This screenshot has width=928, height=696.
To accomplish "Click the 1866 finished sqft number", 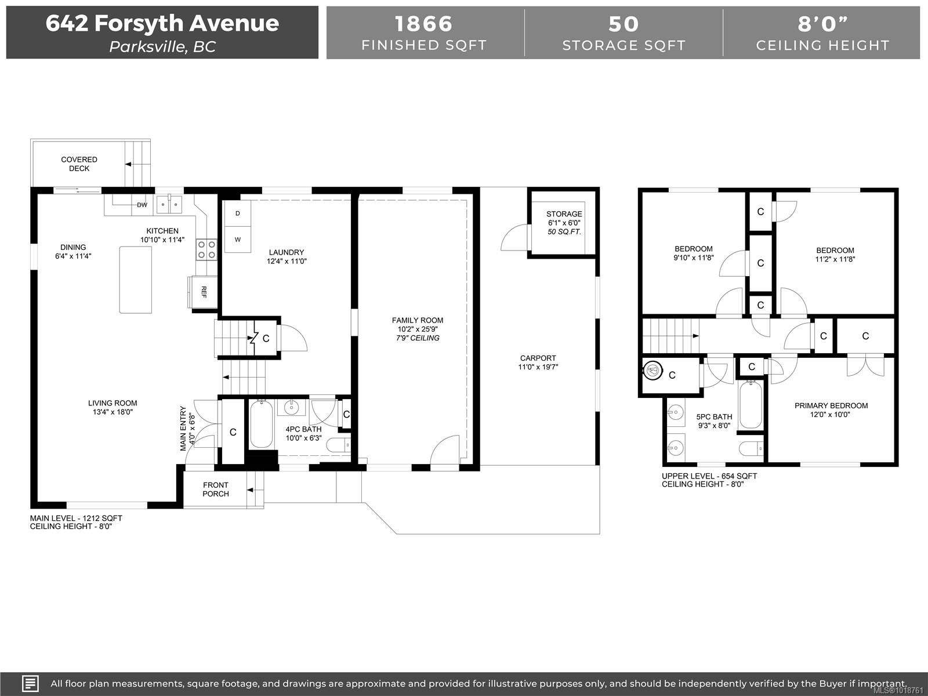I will pos(423,24).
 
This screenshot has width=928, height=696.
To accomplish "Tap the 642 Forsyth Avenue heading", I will pos(162,23).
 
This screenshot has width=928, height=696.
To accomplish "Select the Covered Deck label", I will pos(79,164).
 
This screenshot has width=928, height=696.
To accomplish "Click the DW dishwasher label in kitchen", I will pos(142,205).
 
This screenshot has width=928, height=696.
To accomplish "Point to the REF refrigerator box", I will pos(203,291).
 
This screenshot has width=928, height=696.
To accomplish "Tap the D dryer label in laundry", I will pos(237,213).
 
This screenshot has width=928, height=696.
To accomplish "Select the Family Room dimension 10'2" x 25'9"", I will pos(417,329).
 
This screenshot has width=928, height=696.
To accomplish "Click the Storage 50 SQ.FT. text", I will pos(564,231).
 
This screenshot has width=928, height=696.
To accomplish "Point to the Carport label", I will pos(538,358).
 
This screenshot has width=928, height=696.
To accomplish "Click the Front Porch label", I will pos(216,489).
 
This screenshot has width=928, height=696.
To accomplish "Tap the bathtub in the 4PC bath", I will pos(261,425).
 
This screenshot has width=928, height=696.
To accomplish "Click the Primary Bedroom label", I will pos(831,405).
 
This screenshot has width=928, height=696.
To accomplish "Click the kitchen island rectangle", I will pos(136,280).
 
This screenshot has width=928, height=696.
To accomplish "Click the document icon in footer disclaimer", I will pos(30,683).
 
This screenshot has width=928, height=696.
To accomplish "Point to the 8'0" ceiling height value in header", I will pos(822,24).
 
